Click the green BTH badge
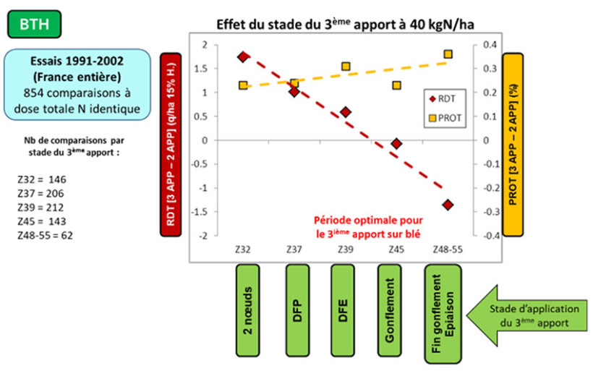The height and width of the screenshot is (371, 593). (35, 23)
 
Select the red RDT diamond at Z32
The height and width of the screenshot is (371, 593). (244, 57)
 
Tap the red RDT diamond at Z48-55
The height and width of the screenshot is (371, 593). (448, 205)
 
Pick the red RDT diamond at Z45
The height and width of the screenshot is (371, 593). (396, 144)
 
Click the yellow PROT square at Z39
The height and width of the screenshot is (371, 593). (346, 67)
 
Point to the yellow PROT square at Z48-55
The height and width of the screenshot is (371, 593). (448, 54)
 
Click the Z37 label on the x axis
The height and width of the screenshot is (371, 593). (294, 249)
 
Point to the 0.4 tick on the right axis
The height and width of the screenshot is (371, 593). (490, 45)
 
